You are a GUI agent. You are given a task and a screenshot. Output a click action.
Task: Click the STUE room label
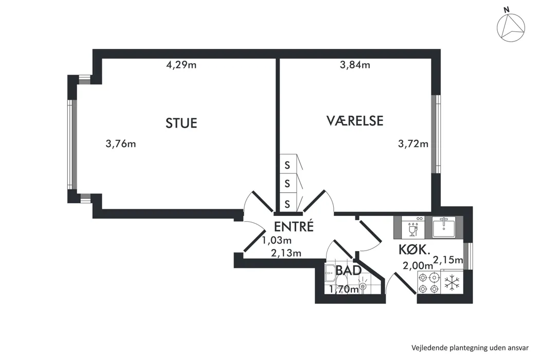click(x=181, y=123)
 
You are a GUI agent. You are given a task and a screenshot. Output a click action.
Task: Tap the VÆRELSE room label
click(x=355, y=120)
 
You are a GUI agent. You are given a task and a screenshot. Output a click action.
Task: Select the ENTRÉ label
click(x=294, y=226)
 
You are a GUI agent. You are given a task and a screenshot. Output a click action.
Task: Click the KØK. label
click(x=415, y=249)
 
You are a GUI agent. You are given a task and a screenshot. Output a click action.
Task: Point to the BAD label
click(x=349, y=271)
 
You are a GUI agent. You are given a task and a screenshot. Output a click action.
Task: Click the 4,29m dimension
click(x=181, y=65)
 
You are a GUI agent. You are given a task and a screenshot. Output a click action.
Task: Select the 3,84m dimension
click(x=355, y=65)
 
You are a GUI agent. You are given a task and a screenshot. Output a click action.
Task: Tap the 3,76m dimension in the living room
click(x=120, y=143)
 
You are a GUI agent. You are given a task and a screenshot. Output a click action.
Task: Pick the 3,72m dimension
click(x=413, y=143)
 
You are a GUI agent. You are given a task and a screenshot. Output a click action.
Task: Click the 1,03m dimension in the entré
click(x=277, y=240)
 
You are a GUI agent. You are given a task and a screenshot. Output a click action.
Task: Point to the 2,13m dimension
click(x=286, y=253)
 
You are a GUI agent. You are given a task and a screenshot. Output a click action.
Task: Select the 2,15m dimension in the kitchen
click(x=448, y=260)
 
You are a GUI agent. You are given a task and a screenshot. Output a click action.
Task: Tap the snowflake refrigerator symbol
click(x=452, y=282)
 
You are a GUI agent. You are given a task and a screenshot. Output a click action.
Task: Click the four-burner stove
click(x=429, y=282)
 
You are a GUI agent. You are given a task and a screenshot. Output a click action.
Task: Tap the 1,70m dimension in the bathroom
click(x=344, y=290)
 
